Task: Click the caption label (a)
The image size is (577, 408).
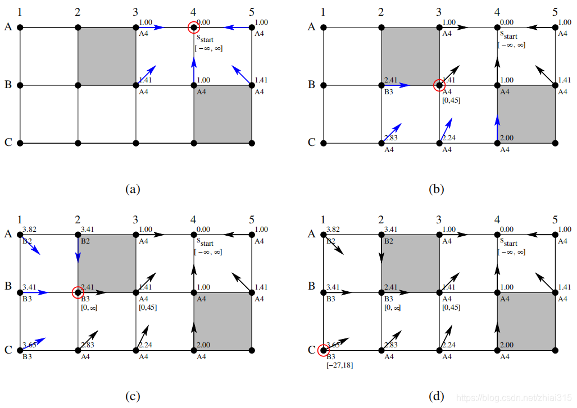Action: coord(132,189)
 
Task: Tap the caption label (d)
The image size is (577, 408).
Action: coord(437,396)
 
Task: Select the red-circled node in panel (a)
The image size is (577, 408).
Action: coord(194,27)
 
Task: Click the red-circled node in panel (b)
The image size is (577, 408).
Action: coord(439,85)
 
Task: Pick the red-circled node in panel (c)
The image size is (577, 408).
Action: coord(78,292)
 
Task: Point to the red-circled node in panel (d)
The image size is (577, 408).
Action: coord(323,351)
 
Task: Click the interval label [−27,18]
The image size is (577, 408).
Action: coord(339,365)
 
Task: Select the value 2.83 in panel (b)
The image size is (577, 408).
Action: coord(392,137)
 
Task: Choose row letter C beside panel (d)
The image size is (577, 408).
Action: coord(311,349)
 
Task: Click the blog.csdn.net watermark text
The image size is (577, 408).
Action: coord(514,397)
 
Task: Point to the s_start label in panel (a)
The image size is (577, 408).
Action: coord(206,39)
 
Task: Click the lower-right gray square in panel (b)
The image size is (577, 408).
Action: coord(526,114)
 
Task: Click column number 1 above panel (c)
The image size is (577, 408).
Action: coord(20,219)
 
